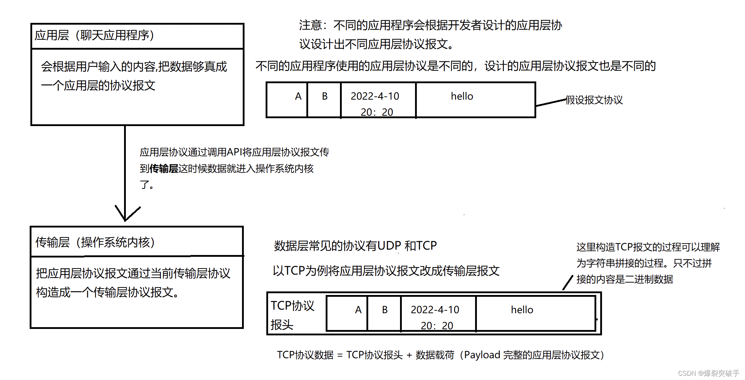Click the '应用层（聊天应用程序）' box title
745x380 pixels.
point(94,35)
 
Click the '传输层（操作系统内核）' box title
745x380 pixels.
point(95,242)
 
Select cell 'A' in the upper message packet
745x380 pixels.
point(298,96)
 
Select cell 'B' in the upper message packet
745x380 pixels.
point(325,96)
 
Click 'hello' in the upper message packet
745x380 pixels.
point(462,96)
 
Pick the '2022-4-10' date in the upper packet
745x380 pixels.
point(375,96)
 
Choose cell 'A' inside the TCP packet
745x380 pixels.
point(358,310)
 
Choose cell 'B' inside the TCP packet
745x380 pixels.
point(385,310)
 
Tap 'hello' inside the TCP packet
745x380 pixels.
point(522,310)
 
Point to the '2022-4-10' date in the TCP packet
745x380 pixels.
point(435,310)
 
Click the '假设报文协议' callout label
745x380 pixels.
point(594,100)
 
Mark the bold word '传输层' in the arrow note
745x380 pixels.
point(164,169)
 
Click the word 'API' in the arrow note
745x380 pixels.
point(235,152)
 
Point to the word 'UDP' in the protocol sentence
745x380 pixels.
point(389,246)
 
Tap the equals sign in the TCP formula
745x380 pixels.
point(340,355)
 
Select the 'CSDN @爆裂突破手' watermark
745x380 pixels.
point(708,373)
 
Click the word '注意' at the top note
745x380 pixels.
point(310,25)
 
